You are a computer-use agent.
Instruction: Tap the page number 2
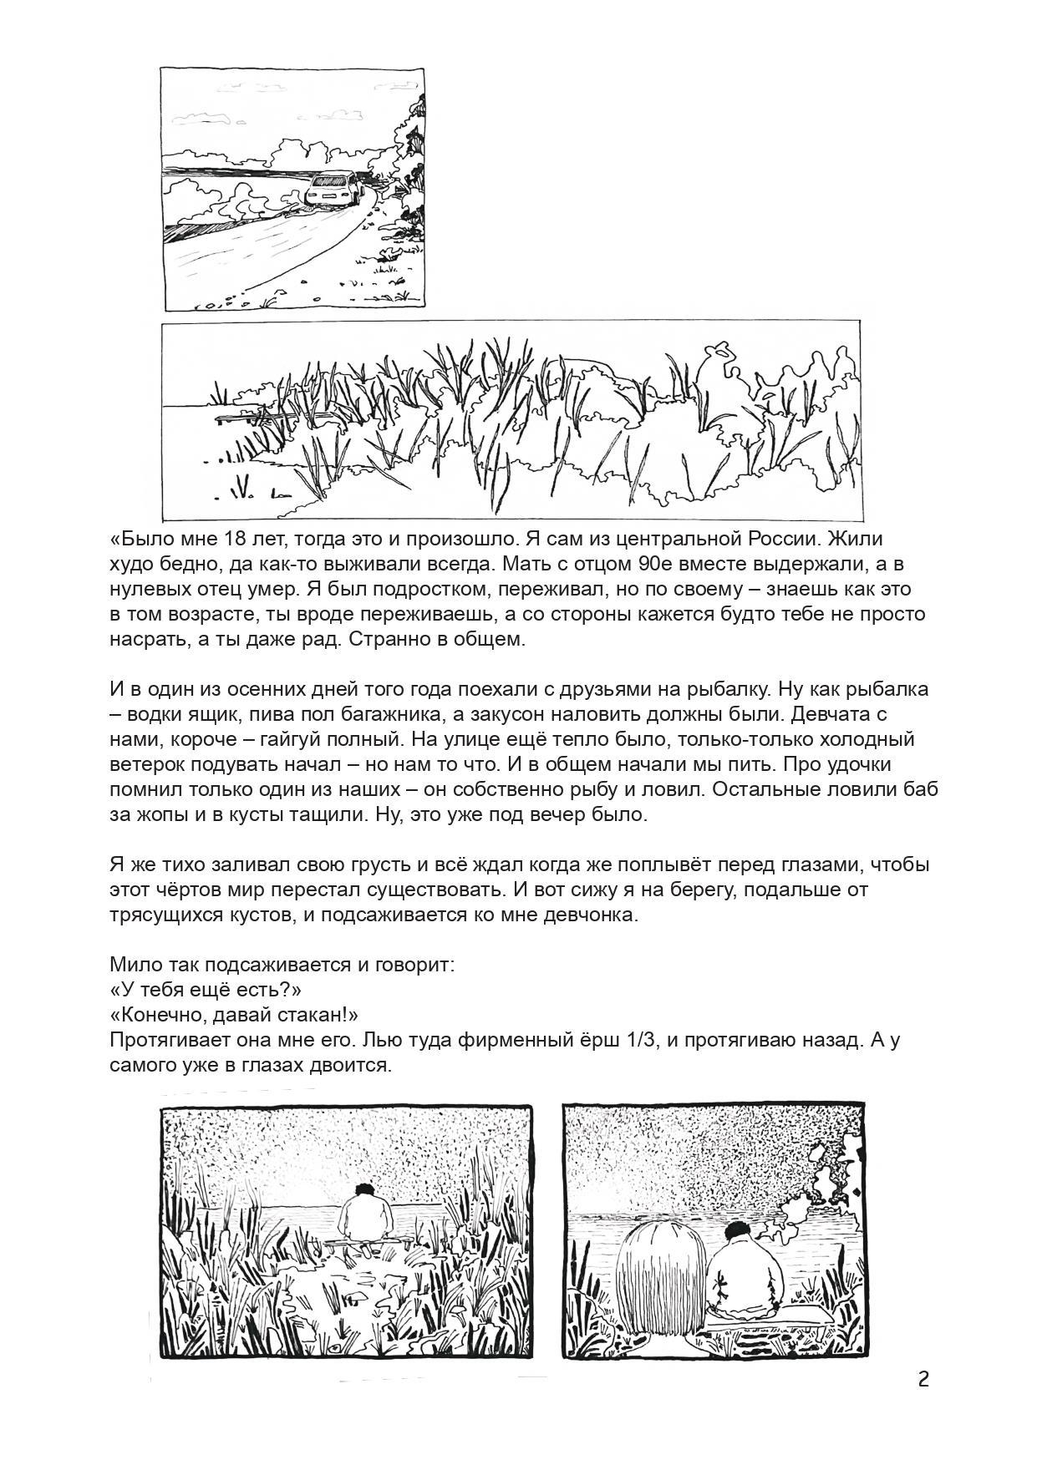tap(923, 1379)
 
